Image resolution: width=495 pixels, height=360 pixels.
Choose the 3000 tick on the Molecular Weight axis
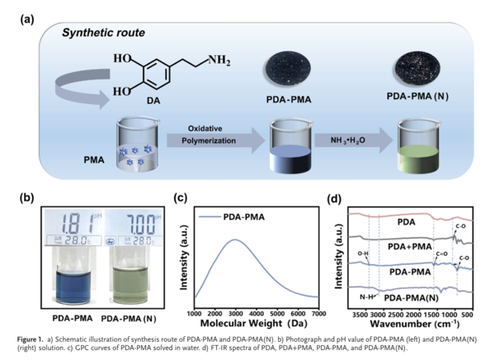pyautogui.click(x=237, y=315)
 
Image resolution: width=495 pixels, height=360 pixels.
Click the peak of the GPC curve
pyautogui.click(x=237, y=240)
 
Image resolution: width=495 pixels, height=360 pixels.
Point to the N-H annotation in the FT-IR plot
pyautogui.click(x=365, y=294)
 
